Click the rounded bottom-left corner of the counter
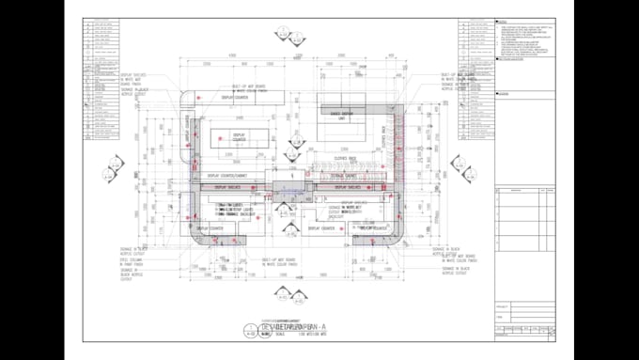(x=197, y=236)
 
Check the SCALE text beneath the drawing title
(x=277, y=333)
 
